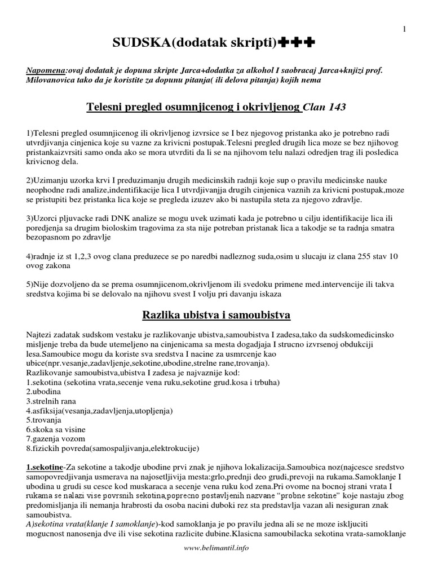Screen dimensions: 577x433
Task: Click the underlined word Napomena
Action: coord(46,72)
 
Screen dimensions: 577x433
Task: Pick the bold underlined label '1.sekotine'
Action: coord(44,467)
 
